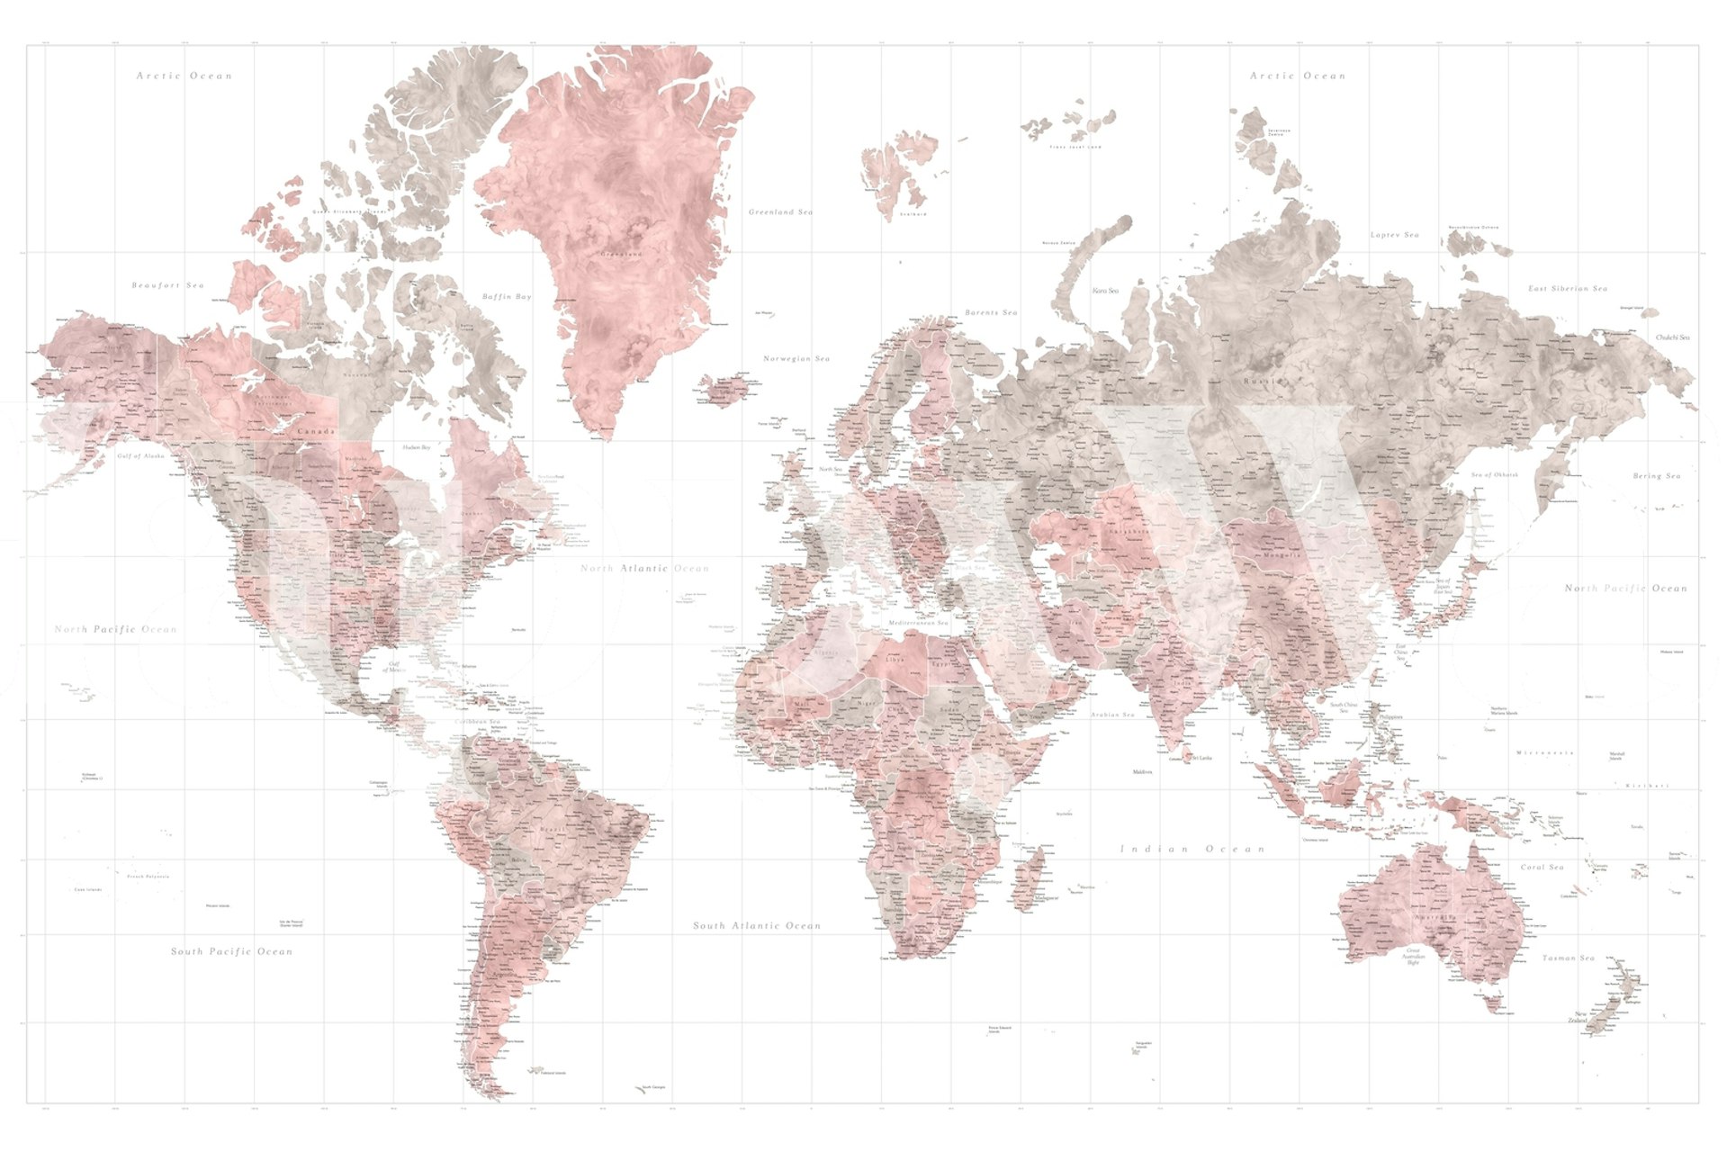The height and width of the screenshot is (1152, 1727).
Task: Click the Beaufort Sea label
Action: (x=168, y=285)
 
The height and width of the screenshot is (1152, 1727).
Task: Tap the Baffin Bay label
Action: (x=507, y=296)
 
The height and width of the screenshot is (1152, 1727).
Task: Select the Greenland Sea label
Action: (x=780, y=212)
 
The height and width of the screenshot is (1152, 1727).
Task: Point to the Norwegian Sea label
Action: (x=796, y=358)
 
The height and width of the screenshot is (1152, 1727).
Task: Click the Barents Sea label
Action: (x=991, y=312)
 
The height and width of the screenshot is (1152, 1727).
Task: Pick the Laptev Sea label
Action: (x=1394, y=235)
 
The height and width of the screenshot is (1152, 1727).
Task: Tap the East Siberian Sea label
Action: (x=1567, y=289)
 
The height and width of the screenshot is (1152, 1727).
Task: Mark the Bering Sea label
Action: (x=1656, y=476)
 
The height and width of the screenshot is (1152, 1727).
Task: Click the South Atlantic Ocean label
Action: (x=757, y=925)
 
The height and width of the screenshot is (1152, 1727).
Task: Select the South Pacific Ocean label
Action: (x=231, y=951)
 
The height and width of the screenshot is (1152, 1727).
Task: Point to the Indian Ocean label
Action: (x=1192, y=849)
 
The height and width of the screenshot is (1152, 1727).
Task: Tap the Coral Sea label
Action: (x=1542, y=867)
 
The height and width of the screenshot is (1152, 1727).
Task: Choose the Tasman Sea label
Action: (x=1568, y=958)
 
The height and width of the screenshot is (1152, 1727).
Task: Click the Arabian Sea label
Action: (x=1112, y=715)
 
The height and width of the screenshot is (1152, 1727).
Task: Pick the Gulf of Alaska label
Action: (x=141, y=456)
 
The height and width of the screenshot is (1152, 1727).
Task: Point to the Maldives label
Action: (x=1142, y=772)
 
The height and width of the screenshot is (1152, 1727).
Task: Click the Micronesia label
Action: (x=1544, y=752)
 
